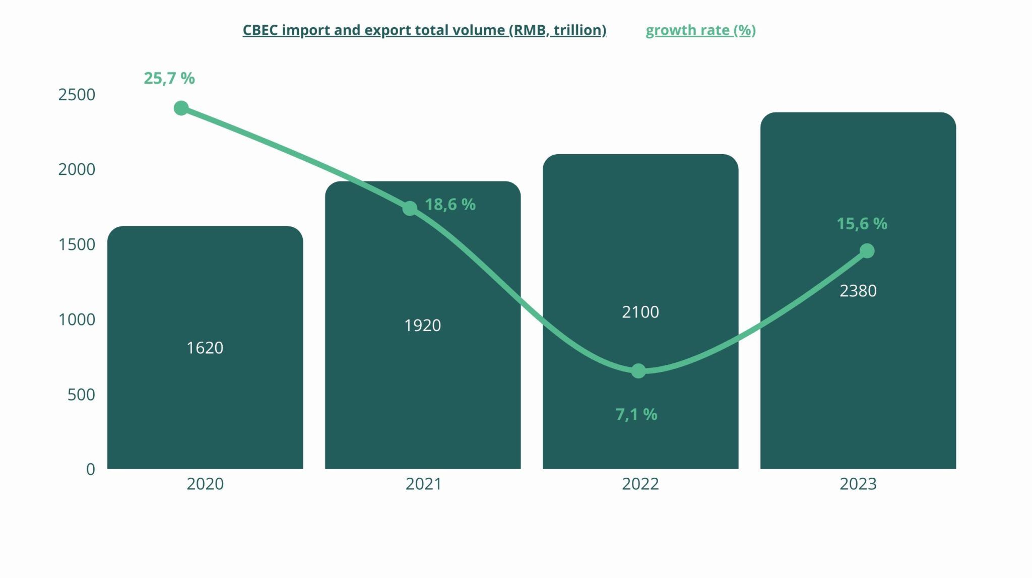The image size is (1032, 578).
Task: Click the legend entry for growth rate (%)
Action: pyautogui.click(x=700, y=30)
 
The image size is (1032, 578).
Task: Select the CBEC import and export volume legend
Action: pyautogui.click(x=424, y=30)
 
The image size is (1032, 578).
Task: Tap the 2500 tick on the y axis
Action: pyautogui.click(x=77, y=95)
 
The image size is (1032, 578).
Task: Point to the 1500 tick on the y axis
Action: pyautogui.click(x=77, y=244)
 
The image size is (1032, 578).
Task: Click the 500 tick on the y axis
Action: pyautogui.click(x=81, y=395)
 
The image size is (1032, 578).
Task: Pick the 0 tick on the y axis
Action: pyautogui.click(x=91, y=469)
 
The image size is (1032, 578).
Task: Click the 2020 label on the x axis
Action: pyautogui.click(x=205, y=484)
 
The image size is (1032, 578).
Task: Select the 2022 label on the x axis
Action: pyautogui.click(x=640, y=484)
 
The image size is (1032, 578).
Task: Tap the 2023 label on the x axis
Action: pyautogui.click(x=858, y=484)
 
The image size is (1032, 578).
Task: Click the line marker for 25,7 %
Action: pyautogui.click(x=181, y=108)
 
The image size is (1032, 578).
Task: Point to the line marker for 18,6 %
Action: pyautogui.click(x=410, y=208)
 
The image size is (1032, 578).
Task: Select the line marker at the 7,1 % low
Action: pyautogui.click(x=638, y=371)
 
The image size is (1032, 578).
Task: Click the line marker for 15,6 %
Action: pyautogui.click(x=867, y=250)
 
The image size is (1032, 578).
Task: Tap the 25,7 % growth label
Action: pyautogui.click(x=169, y=78)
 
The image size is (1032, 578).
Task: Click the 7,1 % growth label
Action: pyautogui.click(x=636, y=414)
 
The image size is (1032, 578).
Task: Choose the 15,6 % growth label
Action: pyautogui.click(x=862, y=224)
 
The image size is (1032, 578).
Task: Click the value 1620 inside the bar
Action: pyautogui.click(x=205, y=348)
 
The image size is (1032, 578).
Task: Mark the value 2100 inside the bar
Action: pyautogui.click(x=640, y=312)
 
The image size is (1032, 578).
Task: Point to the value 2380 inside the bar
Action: pyautogui.click(x=858, y=291)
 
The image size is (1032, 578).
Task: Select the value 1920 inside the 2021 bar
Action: pyautogui.click(x=422, y=326)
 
